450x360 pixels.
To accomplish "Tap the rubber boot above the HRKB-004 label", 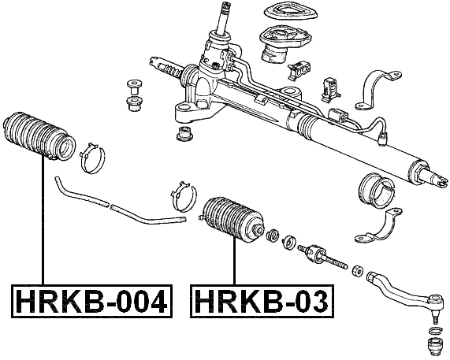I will click(x=39, y=137).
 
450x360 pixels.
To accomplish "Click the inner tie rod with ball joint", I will click(x=324, y=255).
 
